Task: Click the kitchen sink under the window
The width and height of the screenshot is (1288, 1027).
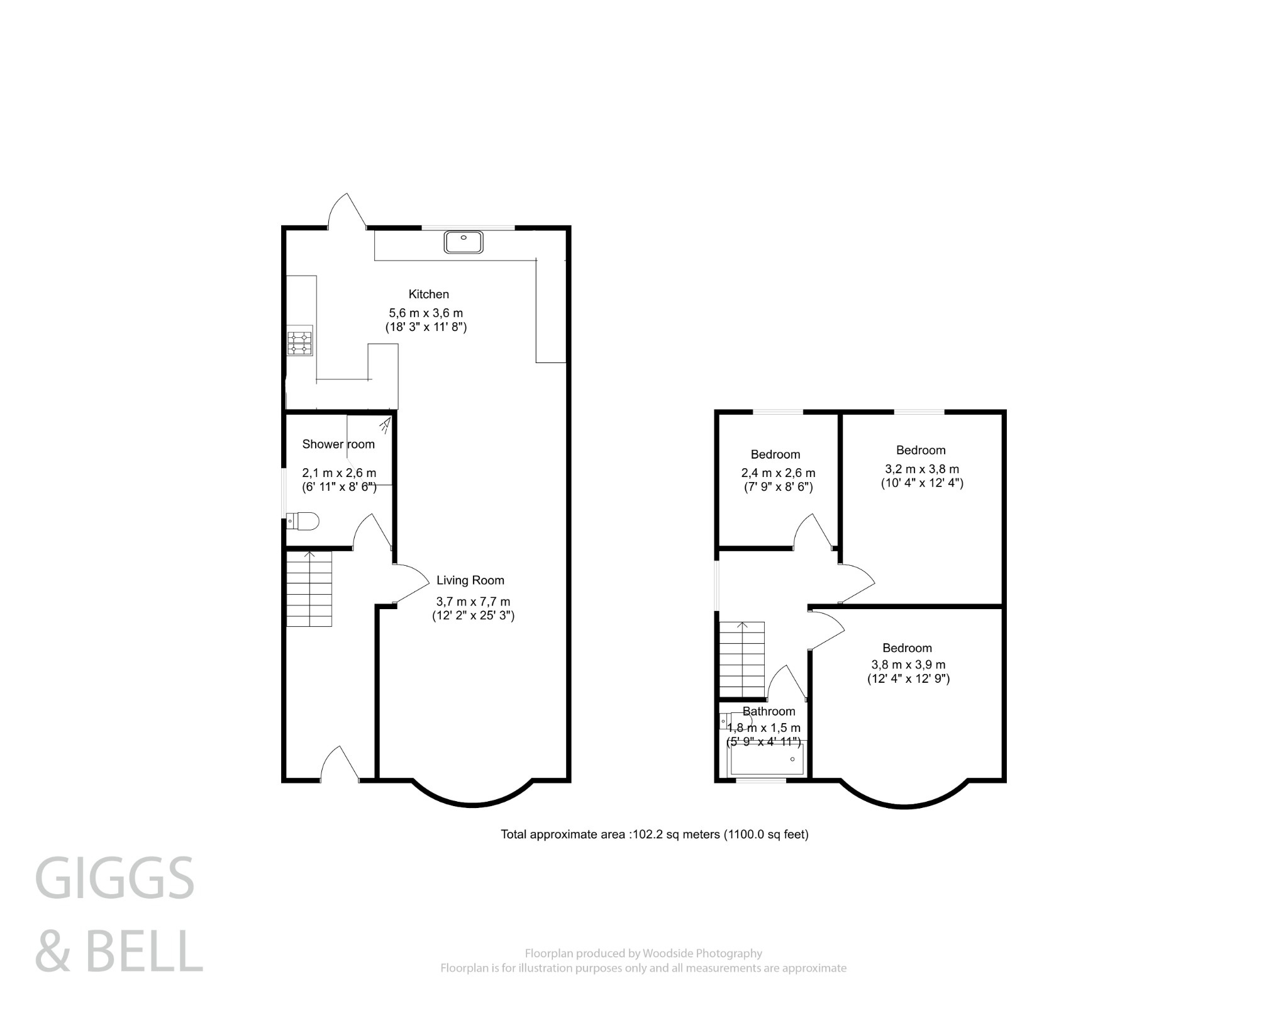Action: click(x=464, y=242)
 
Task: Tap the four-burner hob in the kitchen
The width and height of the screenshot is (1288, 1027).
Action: click(x=299, y=343)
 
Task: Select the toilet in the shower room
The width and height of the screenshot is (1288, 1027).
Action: click(x=304, y=521)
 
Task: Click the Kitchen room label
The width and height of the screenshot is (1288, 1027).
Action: click(x=428, y=294)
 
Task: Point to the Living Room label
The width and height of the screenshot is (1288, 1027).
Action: click(x=470, y=580)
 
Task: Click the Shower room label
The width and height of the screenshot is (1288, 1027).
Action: click(x=338, y=444)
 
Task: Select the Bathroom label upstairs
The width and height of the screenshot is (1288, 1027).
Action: click(x=769, y=711)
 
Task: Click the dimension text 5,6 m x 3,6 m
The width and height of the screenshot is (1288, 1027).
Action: click(x=426, y=313)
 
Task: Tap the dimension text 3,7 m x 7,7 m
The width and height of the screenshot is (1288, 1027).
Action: click(x=473, y=602)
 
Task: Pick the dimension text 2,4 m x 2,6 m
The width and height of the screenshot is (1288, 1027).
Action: click(x=778, y=473)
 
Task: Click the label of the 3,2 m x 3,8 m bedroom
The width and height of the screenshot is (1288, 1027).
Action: click(x=921, y=450)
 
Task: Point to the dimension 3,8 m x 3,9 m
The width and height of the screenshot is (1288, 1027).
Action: click(x=908, y=665)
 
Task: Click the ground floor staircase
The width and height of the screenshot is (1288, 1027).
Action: click(x=309, y=588)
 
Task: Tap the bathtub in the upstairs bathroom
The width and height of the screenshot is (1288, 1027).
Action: click(x=766, y=760)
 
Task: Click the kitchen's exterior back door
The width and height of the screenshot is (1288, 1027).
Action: click(x=347, y=213)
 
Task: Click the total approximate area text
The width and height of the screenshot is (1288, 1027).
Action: click(x=654, y=834)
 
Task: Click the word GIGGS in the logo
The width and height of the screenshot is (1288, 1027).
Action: click(x=114, y=878)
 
